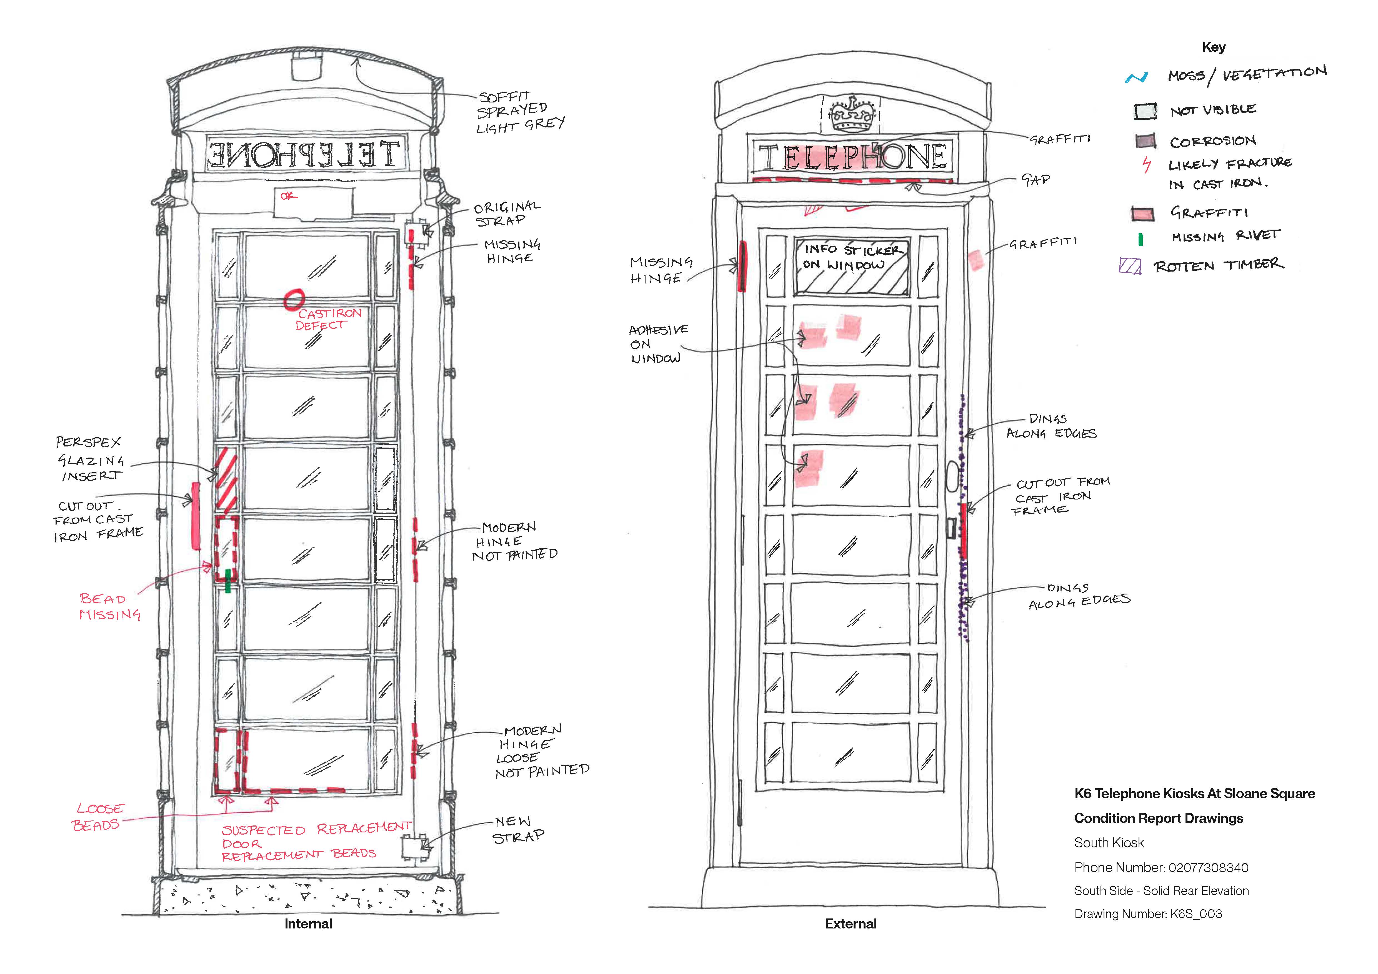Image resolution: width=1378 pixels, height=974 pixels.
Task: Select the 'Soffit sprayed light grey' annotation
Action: pyautogui.click(x=520, y=112)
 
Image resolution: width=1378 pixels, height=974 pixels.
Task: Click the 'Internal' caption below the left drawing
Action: pyautogui.click(x=308, y=924)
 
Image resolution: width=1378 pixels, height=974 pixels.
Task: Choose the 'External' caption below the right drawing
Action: pyautogui.click(x=851, y=924)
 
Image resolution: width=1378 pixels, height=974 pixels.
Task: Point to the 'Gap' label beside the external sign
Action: pyautogui.click(x=1035, y=179)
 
